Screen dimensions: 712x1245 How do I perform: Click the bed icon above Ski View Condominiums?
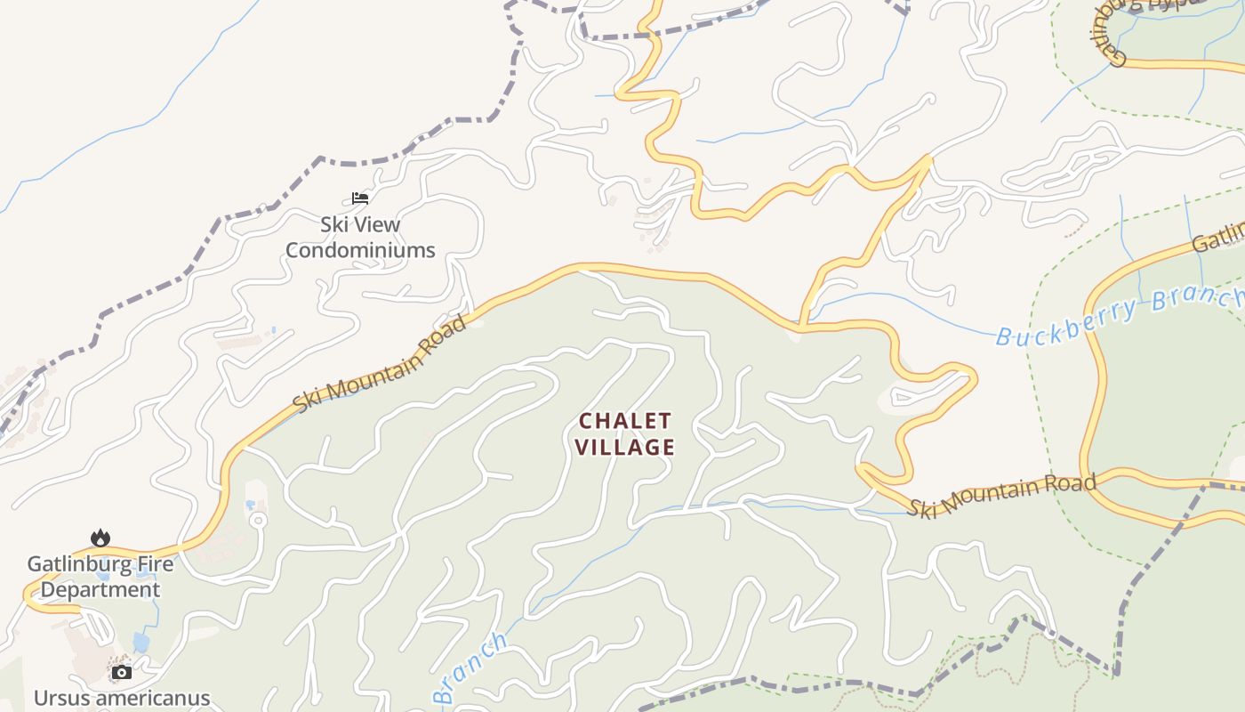click(359, 198)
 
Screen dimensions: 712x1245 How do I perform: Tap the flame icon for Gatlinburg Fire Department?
click(100, 538)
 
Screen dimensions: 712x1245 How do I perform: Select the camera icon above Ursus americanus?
click(121, 672)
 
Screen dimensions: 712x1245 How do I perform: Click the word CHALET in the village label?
click(625, 420)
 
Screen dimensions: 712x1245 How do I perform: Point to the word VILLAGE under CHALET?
click(625, 447)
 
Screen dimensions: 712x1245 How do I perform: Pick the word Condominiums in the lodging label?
click(360, 250)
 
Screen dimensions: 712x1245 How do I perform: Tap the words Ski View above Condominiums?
click(360, 224)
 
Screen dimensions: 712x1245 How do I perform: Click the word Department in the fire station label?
click(100, 589)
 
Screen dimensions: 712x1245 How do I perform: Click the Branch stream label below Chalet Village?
click(471, 667)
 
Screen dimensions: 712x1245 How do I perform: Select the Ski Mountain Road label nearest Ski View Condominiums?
click(381, 363)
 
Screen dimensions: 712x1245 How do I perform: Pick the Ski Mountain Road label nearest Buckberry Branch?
click(1001, 494)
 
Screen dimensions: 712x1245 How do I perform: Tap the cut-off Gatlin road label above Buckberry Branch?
click(1219, 238)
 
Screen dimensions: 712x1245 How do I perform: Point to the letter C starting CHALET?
click(586, 420)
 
